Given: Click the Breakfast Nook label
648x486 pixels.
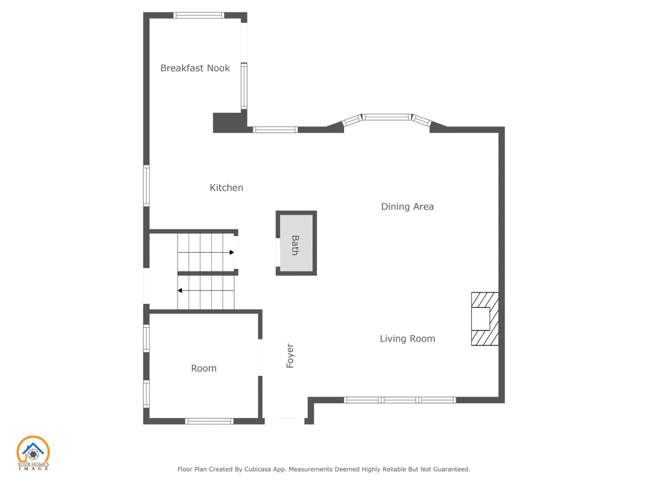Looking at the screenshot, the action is point(195,68).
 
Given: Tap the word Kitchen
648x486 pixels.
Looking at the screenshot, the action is point(226,188).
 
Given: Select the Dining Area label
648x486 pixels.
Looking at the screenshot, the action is point(408,207).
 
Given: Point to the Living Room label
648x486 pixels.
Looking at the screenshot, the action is point(408,339).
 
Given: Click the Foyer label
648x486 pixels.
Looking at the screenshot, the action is point(290,356).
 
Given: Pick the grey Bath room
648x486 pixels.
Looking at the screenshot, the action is point(296,243).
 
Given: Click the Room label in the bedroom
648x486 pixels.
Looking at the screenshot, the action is point(203,368).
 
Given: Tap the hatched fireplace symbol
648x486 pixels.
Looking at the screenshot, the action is point(485,319).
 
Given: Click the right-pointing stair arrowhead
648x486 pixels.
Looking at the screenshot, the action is point(232,252).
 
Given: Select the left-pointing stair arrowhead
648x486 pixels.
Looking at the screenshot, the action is point(179,290).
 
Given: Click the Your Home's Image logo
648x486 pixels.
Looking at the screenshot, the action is point(33,453).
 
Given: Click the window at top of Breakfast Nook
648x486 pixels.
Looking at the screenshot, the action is point(199,16).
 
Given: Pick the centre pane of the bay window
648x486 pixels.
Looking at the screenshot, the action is point(388,117).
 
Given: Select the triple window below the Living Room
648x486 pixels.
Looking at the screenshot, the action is point(400,400).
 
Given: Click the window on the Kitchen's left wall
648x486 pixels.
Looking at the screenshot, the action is point(146,185).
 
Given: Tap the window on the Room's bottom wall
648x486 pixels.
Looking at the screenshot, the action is point(209,421).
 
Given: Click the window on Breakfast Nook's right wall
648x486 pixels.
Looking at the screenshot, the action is point(244,86).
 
